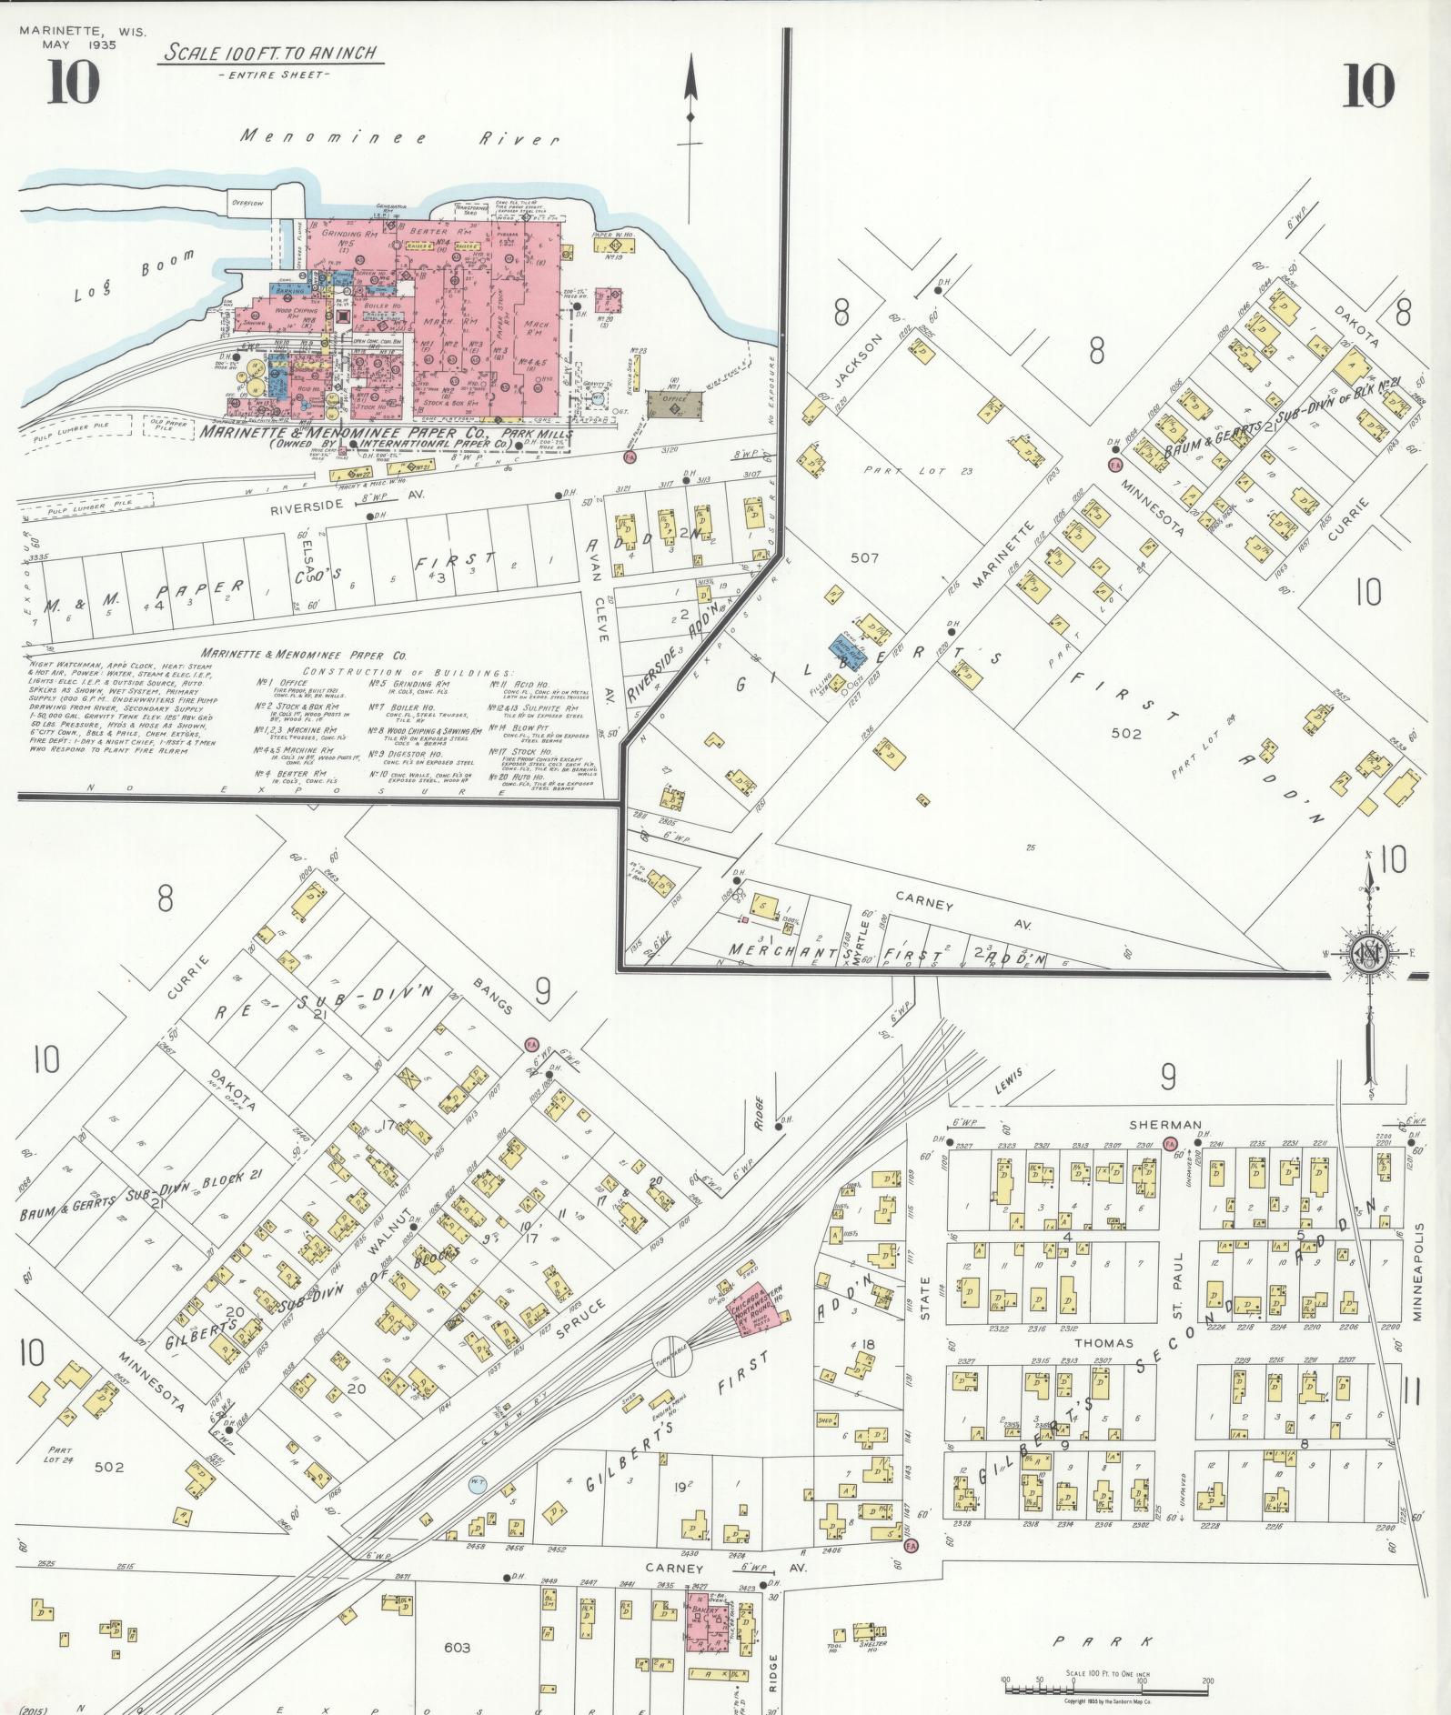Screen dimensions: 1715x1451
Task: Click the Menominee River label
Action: (x=400, y=138)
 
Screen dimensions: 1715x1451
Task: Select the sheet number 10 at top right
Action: (x=1366, y=87)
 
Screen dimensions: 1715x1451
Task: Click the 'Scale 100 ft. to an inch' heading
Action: (x=270, y=53)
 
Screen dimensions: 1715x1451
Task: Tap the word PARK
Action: (x=1102, y=1641)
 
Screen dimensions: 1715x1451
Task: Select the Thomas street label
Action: (x=1103, y=1342)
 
